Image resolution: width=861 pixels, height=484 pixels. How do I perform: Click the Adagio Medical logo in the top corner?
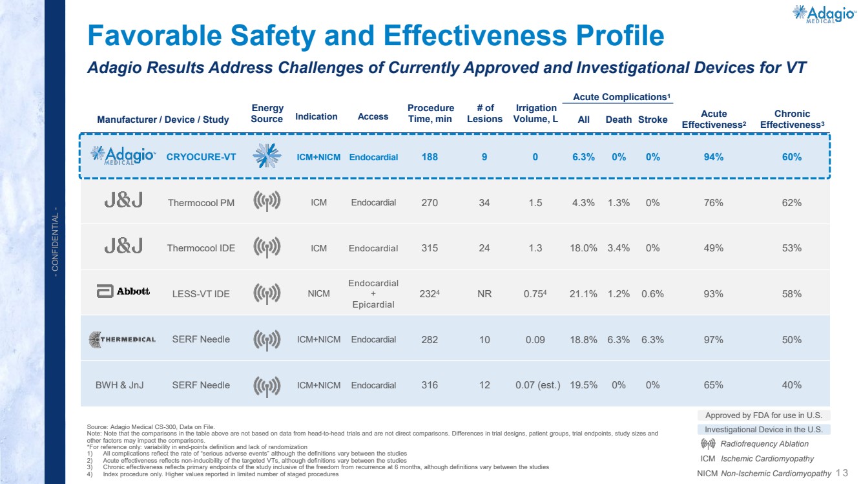(x=824, y=14)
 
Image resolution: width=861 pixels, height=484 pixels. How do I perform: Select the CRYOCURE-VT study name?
(x=201, y=157)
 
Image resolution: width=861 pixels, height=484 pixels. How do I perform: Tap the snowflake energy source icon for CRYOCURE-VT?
(x=267, y=156)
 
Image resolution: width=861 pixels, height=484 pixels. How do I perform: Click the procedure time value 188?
(x=430, y=157)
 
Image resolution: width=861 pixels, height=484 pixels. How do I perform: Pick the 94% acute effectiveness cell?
(x=713, y=157)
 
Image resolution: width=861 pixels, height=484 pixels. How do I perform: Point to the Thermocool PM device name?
(x=201, y=203)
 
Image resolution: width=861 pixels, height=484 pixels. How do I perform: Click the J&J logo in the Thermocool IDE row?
(x=123, y=246)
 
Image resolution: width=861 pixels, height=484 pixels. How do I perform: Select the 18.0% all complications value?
(x=583, y=248)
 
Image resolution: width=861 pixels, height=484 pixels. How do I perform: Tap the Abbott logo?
(x=123, y=291)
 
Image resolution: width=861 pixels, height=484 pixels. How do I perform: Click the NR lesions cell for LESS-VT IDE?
(x=484, y=294)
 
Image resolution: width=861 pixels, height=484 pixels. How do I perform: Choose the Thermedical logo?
(x=122, y=339)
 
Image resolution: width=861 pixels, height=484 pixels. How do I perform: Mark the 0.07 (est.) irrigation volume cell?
(x=538, y=385)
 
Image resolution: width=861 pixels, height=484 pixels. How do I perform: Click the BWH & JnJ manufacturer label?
(x=119, y=385)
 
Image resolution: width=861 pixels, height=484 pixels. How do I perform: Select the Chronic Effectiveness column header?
(x=792, y=119)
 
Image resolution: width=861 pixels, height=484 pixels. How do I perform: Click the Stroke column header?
(x=652, y=120)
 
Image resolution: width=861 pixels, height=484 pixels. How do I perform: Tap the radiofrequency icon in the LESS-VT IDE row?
(x=267, y=294)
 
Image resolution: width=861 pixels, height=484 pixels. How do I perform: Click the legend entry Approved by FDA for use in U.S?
(x=763, y=416)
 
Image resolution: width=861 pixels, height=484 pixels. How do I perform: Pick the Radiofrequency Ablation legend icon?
(x=708, y=444)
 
